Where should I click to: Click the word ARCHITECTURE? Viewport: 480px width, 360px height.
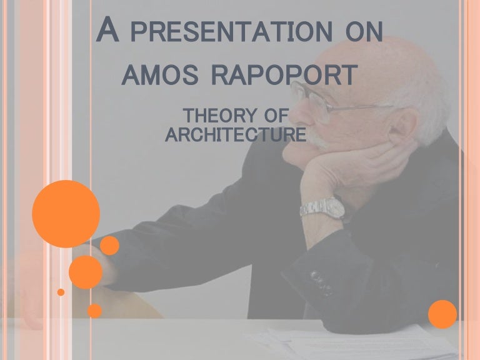click(x=236, y=134)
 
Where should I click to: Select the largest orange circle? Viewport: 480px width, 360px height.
click(x=66, y=214)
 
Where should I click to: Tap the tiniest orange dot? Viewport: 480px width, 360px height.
click(x=61, y=292)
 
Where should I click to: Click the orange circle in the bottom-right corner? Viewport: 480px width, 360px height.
click(x=443, y=314)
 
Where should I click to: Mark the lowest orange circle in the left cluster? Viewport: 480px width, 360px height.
click(x=94, y=310)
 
